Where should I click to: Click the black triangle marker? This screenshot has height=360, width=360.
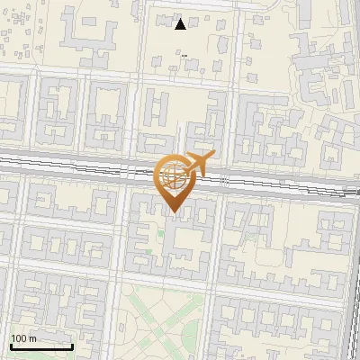pos(181,24)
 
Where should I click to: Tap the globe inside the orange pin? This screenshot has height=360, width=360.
pos(173,175)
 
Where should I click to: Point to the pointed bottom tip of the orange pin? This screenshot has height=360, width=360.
pos(174,212)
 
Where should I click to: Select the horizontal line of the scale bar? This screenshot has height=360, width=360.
pos(41,346)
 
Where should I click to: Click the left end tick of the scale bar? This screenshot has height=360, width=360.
pos(11,345)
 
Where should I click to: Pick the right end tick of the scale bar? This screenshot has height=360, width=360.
pos(72,345)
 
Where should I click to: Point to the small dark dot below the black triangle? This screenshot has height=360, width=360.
pos(184,56)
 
